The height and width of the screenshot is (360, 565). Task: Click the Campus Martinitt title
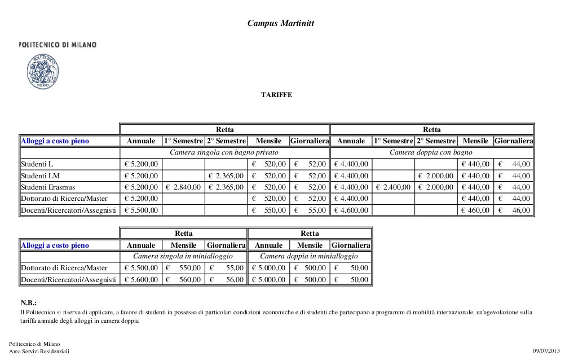pos(281,23)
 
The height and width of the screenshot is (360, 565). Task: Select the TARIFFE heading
pos(276,95)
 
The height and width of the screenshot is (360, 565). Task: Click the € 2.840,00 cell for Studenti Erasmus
pos(183,187)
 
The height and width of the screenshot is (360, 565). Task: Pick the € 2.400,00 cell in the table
pos(393,187)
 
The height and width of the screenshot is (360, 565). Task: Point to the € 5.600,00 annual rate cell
pos(141,279)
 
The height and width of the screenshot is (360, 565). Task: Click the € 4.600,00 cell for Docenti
pos(351,210)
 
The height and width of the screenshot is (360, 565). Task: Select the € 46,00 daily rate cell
pos(514,210)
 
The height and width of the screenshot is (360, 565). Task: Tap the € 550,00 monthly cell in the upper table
pos(268,210)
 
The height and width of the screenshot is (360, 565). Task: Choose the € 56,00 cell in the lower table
pos(226,279)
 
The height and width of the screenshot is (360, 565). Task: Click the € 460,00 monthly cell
pos(475,210)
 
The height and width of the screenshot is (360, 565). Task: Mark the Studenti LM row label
pos(40,175)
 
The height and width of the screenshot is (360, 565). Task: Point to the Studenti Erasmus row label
pos(48,187)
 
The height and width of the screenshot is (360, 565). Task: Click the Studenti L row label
pos(37,164)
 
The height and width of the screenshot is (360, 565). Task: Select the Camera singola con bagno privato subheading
pos(224,152)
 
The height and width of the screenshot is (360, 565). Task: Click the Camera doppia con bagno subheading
pos(431,152)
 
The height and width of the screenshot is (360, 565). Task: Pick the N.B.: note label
pos(29,303)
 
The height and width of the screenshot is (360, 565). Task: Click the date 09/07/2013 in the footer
pos(546,351)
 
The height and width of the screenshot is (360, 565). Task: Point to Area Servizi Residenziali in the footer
pos(39,351)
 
